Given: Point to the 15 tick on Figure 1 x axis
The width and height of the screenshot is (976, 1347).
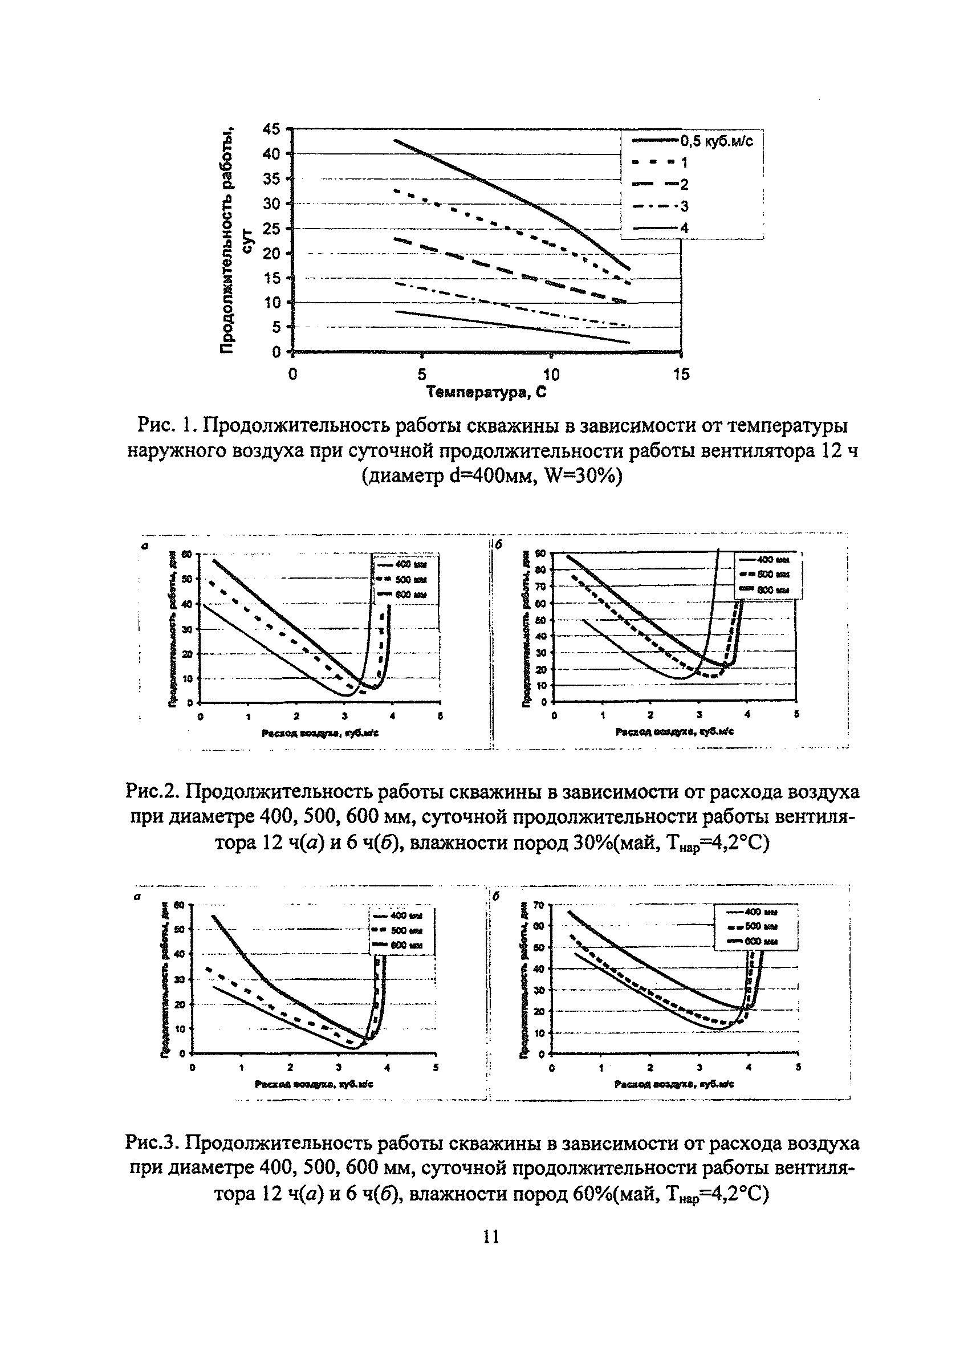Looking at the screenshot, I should point(681,375).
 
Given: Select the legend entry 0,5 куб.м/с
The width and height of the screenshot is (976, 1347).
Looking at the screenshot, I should point(717,141).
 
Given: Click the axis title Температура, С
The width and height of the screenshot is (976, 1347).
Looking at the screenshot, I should point(486,393).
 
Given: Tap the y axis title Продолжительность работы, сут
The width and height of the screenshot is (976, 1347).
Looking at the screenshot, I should point(235,241).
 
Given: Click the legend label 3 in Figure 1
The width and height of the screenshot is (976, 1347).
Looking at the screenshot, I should point(684,207).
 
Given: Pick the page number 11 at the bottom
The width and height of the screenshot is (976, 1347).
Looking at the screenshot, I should point(491,1236).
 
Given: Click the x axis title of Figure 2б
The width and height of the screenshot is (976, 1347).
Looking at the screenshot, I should point(674,732).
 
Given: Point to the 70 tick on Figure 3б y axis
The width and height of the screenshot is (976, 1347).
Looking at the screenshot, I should point(539,905).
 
